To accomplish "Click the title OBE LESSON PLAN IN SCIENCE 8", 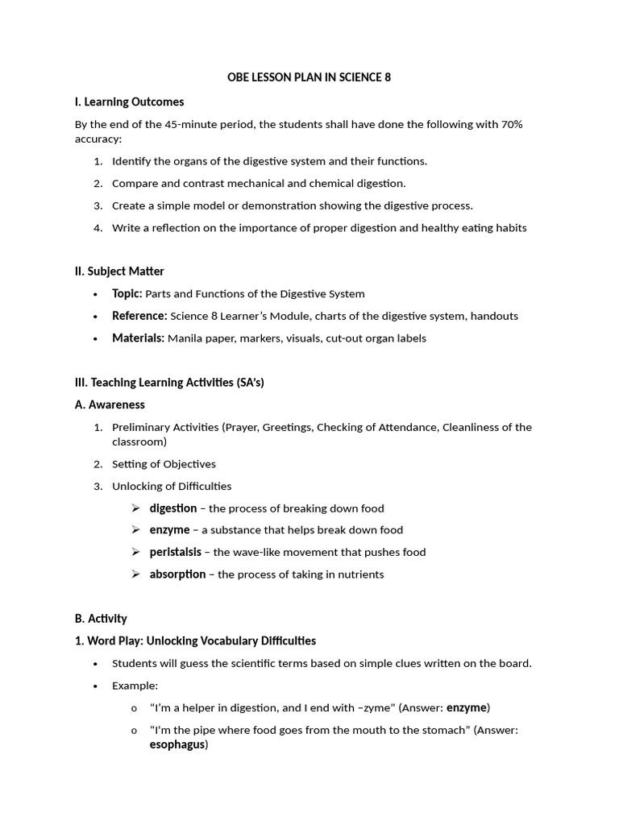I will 309,77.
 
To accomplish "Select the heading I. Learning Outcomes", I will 129,102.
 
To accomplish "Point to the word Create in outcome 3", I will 128,205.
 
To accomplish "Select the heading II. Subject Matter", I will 119,272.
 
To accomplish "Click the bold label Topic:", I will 127,293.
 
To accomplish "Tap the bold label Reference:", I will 139,316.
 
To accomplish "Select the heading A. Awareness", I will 110,404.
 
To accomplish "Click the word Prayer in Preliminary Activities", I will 243,427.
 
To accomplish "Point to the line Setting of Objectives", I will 164,464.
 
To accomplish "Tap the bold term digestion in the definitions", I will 173,508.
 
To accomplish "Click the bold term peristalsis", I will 175,552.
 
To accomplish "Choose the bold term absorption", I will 177,574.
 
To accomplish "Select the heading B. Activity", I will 101,619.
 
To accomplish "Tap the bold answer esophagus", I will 177,744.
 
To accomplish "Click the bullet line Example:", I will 135,686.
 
